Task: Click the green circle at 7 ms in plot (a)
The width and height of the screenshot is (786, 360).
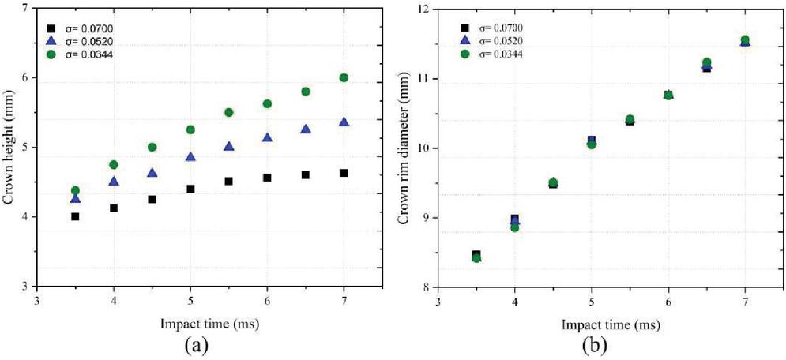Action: [344, 77]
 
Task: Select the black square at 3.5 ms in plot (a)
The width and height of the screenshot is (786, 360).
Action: [75, 216]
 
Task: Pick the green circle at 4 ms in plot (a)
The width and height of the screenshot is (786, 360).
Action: [114, 164]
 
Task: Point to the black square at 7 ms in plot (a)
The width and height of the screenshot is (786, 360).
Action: [344, 173]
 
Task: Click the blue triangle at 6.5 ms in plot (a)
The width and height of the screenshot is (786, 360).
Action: [305, 129]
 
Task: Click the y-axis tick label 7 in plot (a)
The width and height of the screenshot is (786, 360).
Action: [28, 9]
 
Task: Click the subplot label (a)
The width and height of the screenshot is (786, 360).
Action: [192, 345]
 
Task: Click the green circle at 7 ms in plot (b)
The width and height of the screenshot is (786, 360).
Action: [745, 40]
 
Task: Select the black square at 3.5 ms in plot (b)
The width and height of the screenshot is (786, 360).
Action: [476, 255]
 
